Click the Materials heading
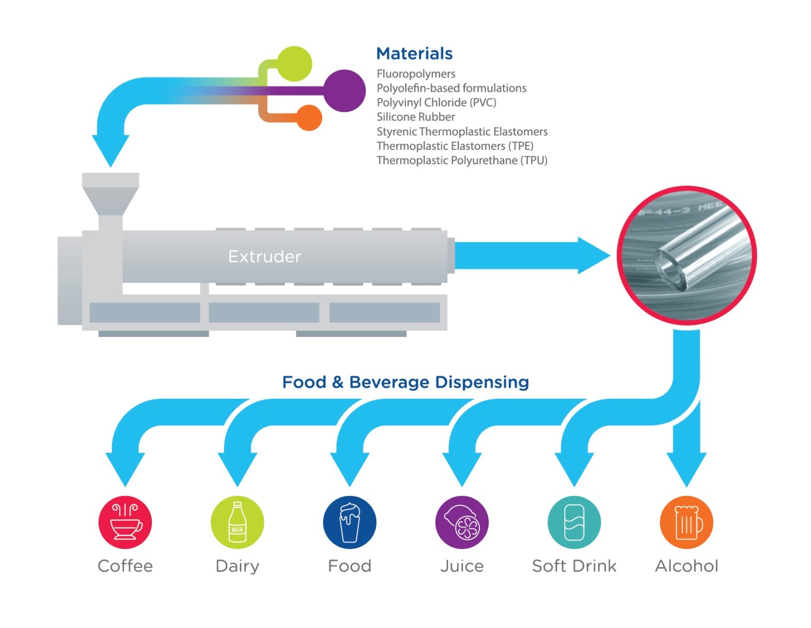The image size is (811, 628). [414, 53]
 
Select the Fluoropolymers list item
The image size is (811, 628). [415, 74]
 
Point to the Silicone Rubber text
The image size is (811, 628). [415, 117]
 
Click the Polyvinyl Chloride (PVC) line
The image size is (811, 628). [436, 102]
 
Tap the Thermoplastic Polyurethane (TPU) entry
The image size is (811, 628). [461, 160]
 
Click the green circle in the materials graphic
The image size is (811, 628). [294, 63]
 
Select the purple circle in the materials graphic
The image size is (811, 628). [344, 91]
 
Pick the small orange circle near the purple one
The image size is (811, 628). [308, 118]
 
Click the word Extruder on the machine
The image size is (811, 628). [264, 256]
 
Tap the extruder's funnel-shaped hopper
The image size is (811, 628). [110, 195]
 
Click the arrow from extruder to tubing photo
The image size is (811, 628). [528, 256]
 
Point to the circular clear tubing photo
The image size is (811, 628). [686, 255]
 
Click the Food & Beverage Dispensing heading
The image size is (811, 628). [405, 382]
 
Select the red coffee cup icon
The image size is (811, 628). [125, 522]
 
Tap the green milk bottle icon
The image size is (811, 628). [237, 522]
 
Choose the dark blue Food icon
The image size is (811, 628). [349, 522]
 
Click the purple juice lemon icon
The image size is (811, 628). [462, 522]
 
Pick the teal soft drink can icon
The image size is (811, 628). [574, 522]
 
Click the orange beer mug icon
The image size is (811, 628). [686, 522]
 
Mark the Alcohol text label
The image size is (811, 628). [686, 566]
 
